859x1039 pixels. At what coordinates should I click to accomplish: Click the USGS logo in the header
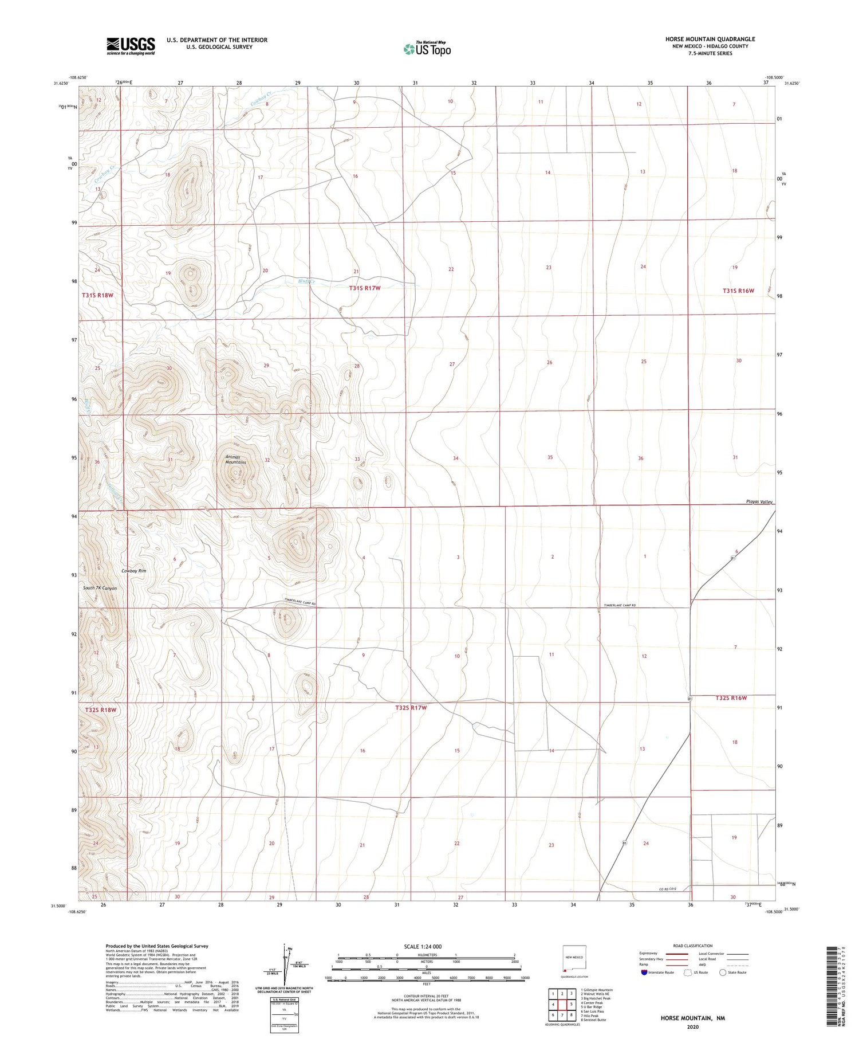pyautogui.click(x=131, y=46)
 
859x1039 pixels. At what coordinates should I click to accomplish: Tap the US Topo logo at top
pyautogui.click(x=427, y=49)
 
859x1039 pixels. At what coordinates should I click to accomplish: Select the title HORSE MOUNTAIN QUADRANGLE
pyautogui.click(x=710, y=39)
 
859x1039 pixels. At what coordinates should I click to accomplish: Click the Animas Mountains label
pyautogui.click(x=235, y=459)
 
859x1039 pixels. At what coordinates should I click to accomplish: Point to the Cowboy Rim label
pyautogui.click(x=134, y=571)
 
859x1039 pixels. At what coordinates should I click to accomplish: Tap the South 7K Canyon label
pyautogui.click(x=100, y=588)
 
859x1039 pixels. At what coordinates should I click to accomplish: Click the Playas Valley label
pyautogui.click(x=759, y=501)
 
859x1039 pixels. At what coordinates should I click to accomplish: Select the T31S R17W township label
pyautogui.click(x=365, y=288)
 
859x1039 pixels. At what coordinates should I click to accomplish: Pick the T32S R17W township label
pyautogui.click(x=411, y=708)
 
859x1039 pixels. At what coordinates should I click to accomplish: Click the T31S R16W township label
pyautogui.click(x=738, y=291)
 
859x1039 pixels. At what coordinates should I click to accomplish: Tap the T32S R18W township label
pyautogui.click(x=101, y=709)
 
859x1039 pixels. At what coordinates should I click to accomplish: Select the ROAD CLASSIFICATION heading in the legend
pyautogui.click(x=692, y=946)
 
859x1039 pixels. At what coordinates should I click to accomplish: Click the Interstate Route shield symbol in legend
pyautogui.click(x=644, y=973)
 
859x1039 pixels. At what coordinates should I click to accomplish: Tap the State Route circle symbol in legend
pyautogui.click(x=723, y=973)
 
